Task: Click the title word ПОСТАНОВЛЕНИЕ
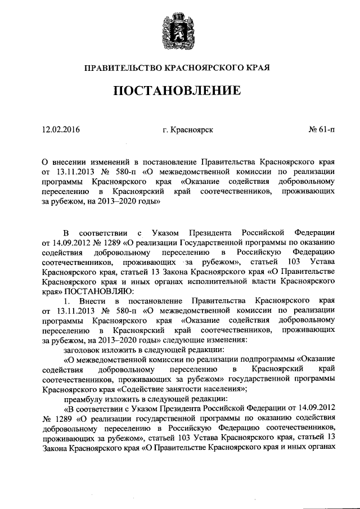(x=180, y=91)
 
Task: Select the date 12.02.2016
(x=61, y=130)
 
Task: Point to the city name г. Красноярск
(x=188, y=130)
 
